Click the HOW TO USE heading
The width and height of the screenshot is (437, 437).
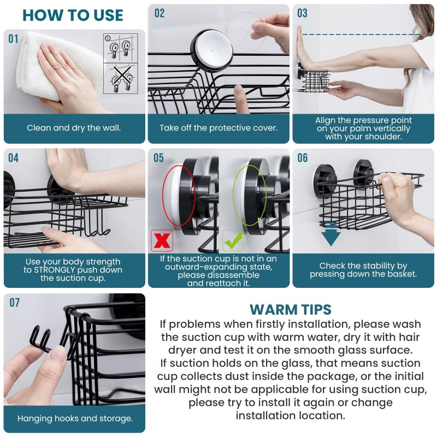coord(73,15)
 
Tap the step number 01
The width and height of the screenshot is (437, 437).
coord(13,39)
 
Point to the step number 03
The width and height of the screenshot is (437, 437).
coord(303,13)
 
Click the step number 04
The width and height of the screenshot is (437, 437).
coord(13,158)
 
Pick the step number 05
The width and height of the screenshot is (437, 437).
coord(158,158)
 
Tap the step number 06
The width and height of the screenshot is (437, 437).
coord(303,158)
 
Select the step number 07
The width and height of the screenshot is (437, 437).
coord(14,303)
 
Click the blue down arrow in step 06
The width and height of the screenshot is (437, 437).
coord(330,234)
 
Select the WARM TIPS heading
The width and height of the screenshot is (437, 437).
coord(290,310)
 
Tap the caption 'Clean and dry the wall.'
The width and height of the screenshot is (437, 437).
coord(74,128)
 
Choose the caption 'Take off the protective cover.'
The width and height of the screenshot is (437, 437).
coord(218,128)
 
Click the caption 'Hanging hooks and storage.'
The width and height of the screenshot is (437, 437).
coord(75,419)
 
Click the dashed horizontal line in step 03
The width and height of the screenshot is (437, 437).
coord(361,34)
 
